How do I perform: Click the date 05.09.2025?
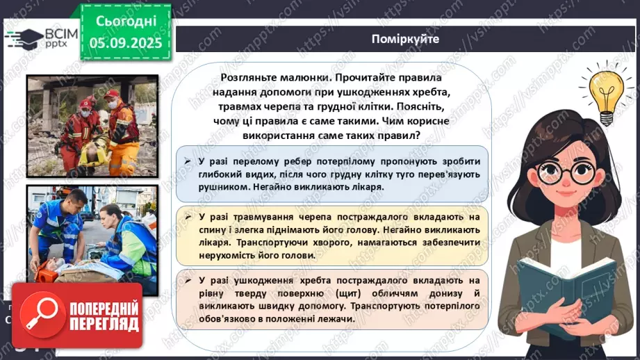click(126, 42)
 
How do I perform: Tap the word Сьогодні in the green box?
click(126, 20)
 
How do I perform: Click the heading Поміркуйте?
click(405, 39)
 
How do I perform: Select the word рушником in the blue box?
click(214, 187)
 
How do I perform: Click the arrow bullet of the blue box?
click(188, 161)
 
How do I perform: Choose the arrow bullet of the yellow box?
click(188, 218)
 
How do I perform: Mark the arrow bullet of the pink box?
click(188, 280)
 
